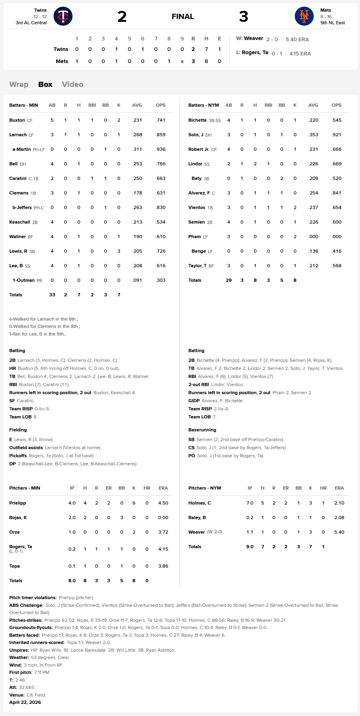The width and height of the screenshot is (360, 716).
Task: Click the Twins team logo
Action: (63, 16)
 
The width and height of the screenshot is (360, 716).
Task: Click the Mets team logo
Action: (304, 16)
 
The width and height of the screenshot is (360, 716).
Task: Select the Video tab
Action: (73, 84)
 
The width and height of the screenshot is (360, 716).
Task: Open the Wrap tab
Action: (19, 84)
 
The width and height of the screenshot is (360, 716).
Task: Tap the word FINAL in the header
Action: (183, 17)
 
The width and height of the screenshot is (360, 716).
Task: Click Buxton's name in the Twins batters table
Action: (17, 120)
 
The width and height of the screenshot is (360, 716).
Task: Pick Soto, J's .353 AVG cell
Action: (313, 135)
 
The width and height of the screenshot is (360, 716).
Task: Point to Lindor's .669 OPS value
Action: (337, 164)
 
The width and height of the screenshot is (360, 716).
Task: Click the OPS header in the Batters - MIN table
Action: (160, 105)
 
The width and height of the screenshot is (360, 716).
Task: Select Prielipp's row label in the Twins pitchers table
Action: (18, 503)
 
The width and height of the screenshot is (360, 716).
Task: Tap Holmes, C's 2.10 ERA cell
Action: (339, 503)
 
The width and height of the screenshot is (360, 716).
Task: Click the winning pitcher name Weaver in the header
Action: (253, 38)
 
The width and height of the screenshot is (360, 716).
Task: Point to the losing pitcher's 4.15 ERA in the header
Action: (300, 53)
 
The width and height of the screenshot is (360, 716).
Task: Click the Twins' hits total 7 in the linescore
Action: (206, 49)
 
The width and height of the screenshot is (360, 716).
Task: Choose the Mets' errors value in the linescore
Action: (219, 61)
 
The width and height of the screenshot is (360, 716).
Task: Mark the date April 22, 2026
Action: (25, 702)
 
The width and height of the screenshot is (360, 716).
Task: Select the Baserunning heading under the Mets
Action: (202, 430)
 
